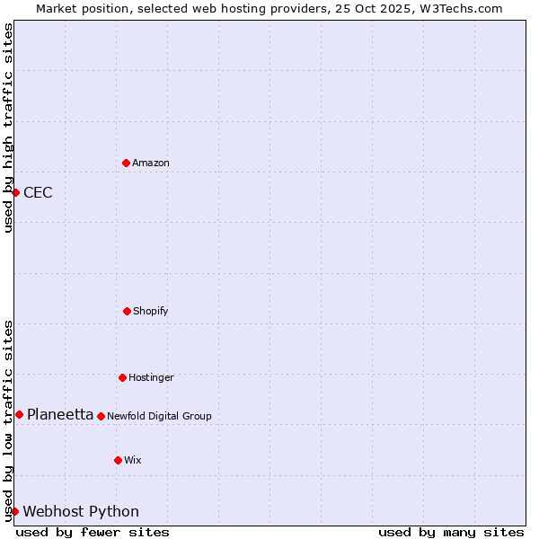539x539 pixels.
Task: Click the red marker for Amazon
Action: click(x=126, y=163)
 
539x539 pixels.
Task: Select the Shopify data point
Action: click(x=127, y=311)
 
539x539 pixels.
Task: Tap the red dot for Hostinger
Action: click(x=122, y=377)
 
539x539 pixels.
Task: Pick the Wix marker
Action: click(x=118, y=460)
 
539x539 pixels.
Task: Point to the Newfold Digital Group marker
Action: click(x=101, y=416)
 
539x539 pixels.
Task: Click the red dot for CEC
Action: click(x=15, y=192)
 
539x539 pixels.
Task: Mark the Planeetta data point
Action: click(x=19, y=414)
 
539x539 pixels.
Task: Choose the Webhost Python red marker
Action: click(x=14, y=511)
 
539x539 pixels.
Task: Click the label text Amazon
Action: click(x=151, y=163)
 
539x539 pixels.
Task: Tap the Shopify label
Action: click(x=151, y=311)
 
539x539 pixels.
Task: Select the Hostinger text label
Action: click(x=151, y=377)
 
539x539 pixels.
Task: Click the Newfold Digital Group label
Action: click(x=159, y=416)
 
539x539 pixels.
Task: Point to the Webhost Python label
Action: click(x=81, y=511)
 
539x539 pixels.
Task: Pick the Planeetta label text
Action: click(x=60, y=414)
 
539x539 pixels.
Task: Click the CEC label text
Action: click(x=38, y=192)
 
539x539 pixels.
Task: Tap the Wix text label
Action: click(x=133, y=460)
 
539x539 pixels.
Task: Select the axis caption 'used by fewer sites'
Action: click(x=93, y=532)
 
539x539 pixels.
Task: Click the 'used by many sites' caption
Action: click(x=451, y=532)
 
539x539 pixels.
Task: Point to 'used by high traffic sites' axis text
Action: click(x=8, y=128)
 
